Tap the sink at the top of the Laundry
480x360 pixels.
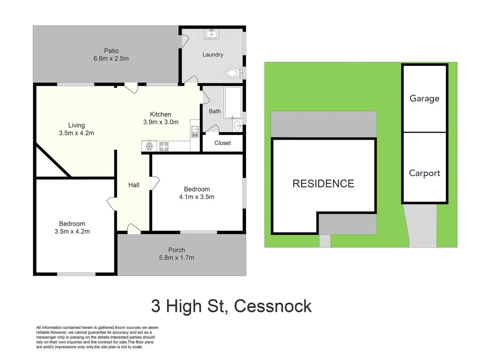pos(211,34)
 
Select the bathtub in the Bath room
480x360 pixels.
pos(233,102)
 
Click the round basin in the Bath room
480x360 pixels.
pos(237,126)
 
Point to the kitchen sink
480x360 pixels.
pos(195,132)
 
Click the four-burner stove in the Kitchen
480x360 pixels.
pos(164,146)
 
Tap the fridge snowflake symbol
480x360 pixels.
pos(149,146)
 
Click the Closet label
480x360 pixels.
pos(222,143)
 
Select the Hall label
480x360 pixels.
pos(134,185)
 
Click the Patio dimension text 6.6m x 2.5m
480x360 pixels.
pos(111,59)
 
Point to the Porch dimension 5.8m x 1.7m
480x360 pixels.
pos(176,258)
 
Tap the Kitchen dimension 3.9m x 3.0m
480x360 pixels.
pos(161,122)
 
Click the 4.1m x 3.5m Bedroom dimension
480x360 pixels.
pos(196,197)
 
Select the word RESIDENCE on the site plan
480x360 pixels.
pos(323,184)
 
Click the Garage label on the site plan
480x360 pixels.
pos(424,98)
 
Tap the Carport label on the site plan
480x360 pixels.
pos(424,173)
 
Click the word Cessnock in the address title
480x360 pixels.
pos(273,306)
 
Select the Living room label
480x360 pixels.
pos(76,125)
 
